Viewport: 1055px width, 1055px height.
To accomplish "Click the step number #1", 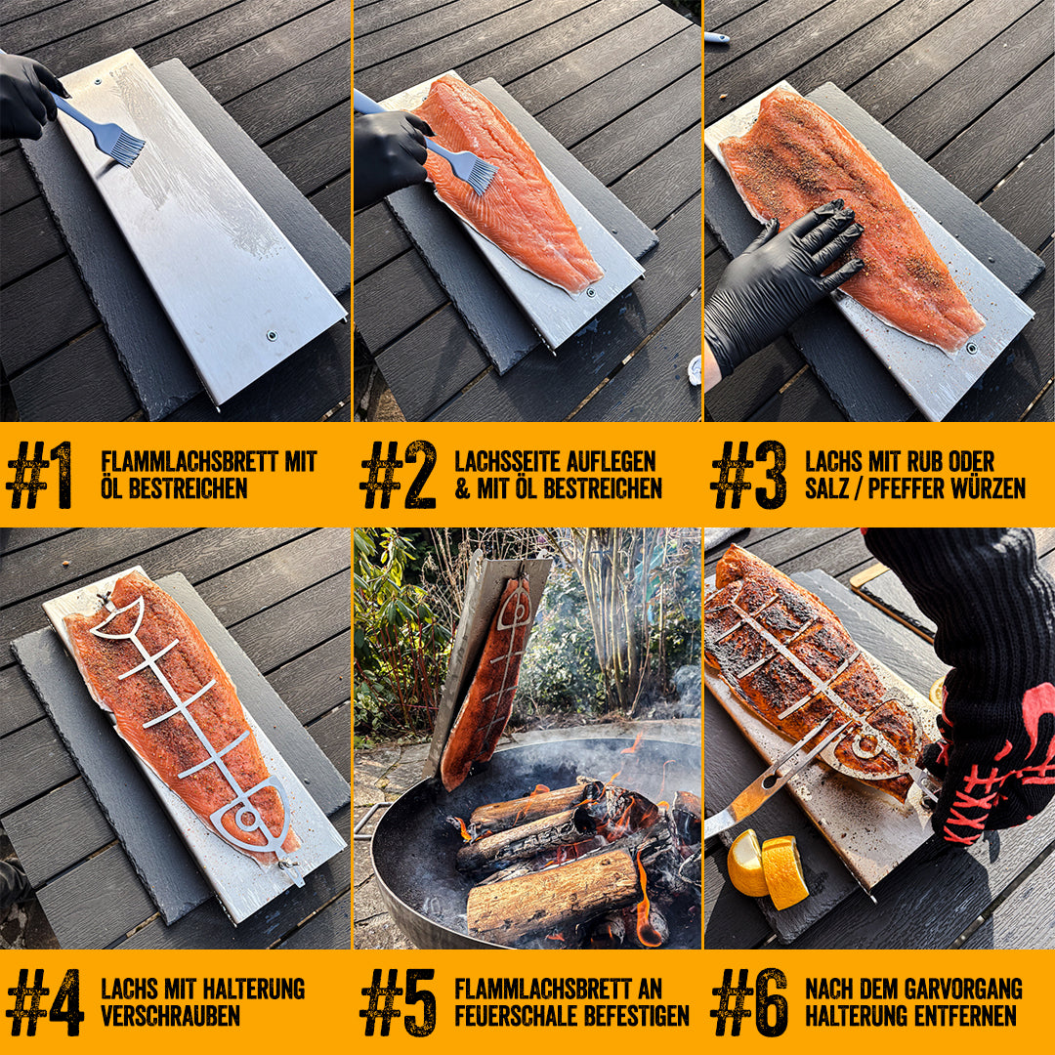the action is point(39,475).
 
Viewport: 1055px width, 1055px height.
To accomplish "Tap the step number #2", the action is point(399,475).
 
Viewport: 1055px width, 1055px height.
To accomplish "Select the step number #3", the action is point(749,475).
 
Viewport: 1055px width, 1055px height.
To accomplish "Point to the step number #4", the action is point(44,1002).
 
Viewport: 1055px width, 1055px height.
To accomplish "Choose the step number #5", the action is point(399,1002).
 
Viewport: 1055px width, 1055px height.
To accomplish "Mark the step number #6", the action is point(749,1002).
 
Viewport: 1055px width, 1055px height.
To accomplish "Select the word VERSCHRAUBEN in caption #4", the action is point(170,1015).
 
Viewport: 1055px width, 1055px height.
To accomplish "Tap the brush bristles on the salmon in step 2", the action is point(475,172).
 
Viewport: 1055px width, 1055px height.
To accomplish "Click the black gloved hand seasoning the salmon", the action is point(781,282).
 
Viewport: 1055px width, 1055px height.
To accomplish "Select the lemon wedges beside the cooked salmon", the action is point(767,869).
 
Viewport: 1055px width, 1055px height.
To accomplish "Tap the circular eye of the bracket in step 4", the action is point(246,819).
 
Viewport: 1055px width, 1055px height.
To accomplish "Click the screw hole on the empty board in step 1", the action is point(272,335).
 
